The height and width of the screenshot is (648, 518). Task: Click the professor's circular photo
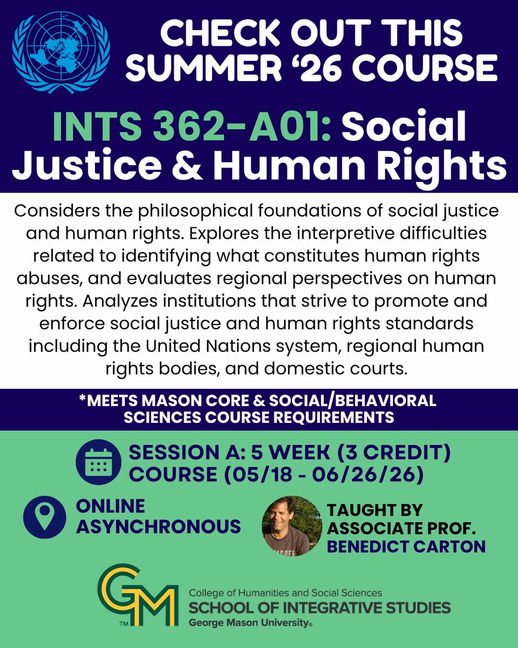click(292, 526)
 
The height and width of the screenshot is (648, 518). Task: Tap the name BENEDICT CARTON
click(406, 546)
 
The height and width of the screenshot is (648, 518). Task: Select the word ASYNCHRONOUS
click(158, 525)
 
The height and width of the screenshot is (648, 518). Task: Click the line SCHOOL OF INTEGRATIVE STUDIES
click(319, 607)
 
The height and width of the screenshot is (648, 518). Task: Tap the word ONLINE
click(111, 506)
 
